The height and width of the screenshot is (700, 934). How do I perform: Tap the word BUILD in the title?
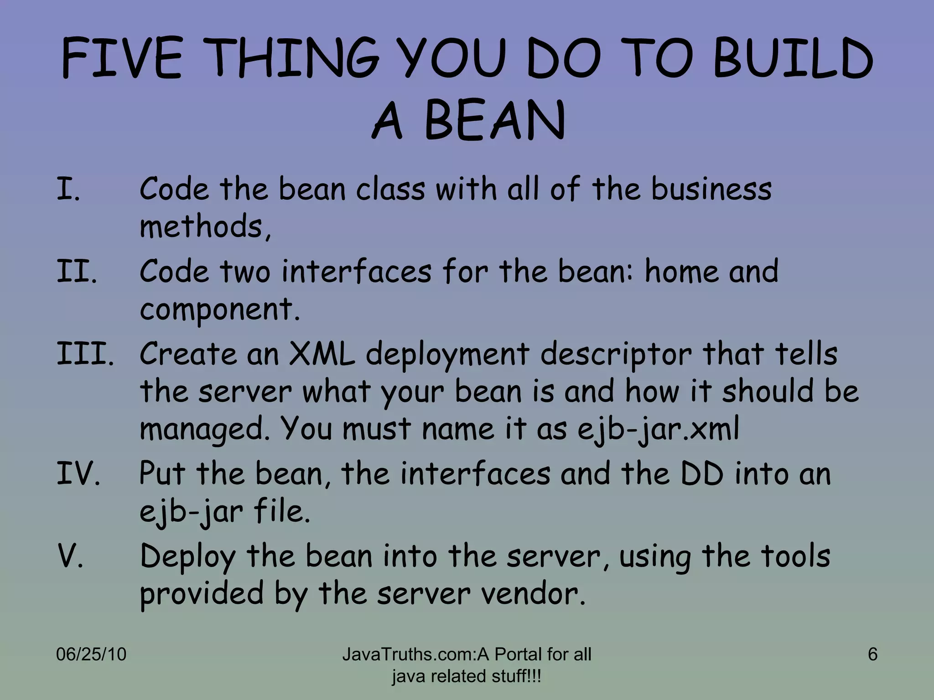click(793, 59)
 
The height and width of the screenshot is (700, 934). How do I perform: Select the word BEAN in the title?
click(495, 121)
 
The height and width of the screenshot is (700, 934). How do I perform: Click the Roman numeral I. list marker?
click(68, 189)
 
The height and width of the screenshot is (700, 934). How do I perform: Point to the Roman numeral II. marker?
click(77, 272)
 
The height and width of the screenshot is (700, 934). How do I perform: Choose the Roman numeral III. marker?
click(85, 354)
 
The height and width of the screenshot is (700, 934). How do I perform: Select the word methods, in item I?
click(205, 226)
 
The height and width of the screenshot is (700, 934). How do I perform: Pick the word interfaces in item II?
click(356, 271)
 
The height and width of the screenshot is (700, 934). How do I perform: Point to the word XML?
click(322, 354)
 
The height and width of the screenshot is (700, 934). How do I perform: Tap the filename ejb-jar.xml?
click(658, 429)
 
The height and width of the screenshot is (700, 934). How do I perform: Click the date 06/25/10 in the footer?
click(91, 654)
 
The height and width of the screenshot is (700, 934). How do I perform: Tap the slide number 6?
click(872, 654)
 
